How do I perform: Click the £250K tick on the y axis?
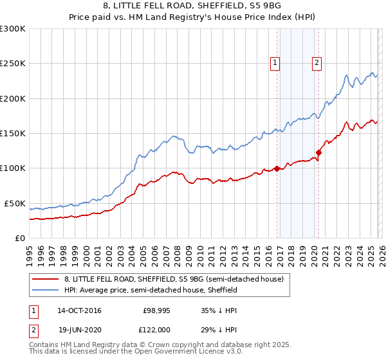(13, 64)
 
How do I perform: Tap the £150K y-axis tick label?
(13, 134)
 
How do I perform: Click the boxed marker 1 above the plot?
(275, 62)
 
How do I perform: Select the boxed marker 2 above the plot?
(318, 62)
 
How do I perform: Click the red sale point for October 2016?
(277, 169)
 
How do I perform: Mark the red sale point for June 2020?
(318, 153)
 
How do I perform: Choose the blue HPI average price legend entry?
(151, 290)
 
